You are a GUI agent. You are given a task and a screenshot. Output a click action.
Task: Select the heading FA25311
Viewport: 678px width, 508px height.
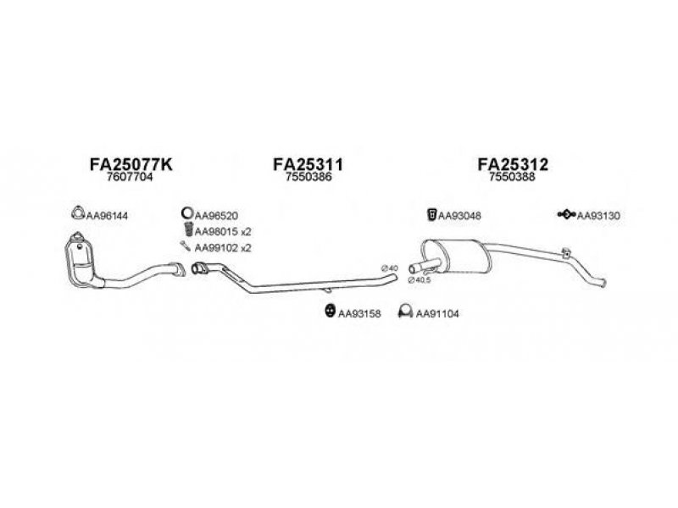tap(308, 165)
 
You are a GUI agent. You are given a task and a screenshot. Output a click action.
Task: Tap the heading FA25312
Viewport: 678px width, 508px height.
tap(513, 165)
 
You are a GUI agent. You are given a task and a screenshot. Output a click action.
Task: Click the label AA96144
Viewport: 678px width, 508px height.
tap(108, 215)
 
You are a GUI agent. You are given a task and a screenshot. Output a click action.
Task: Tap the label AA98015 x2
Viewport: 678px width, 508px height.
tap(223, 231)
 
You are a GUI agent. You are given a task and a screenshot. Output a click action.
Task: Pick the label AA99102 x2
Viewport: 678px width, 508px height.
tap(223, 248)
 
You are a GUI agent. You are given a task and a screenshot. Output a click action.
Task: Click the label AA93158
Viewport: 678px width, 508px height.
tap(359, 314)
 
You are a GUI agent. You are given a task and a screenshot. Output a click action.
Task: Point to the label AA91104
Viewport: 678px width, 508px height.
tap(438, 314)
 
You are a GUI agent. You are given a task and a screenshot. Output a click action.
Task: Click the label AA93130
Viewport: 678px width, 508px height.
tap(598, 215)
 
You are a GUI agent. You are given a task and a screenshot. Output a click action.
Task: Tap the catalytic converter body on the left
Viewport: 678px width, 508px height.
tap(82, 258)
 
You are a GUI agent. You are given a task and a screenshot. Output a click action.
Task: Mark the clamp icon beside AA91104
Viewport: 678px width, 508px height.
tap(405, 313)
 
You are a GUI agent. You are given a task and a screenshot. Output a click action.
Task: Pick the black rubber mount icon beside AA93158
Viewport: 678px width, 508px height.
tap(328, 313)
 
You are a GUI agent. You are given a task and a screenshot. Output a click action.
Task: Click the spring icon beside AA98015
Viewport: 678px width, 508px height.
tap(186, 230)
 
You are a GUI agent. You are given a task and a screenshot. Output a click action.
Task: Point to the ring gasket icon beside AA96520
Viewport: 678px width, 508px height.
tap(186, 214)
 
